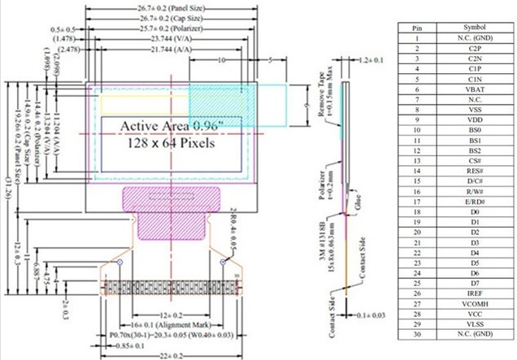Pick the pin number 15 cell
(x=417, y=180)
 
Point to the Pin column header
(x=417, y=28)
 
